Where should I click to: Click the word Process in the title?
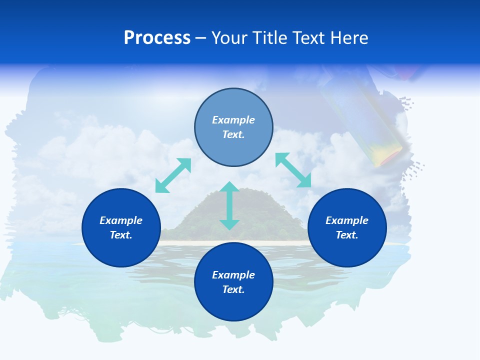pos(157,38)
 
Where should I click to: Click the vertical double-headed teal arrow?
pos(229,206)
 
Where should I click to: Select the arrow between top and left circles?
pos(173,175)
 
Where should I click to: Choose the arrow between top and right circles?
pos(293,170)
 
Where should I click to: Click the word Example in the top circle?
pos(233,120)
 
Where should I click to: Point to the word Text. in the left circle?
pos(121,235)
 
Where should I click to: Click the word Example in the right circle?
pos(347,220)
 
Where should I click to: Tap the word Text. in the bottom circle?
pos(233,289)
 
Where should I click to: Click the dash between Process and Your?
pos(201,38)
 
